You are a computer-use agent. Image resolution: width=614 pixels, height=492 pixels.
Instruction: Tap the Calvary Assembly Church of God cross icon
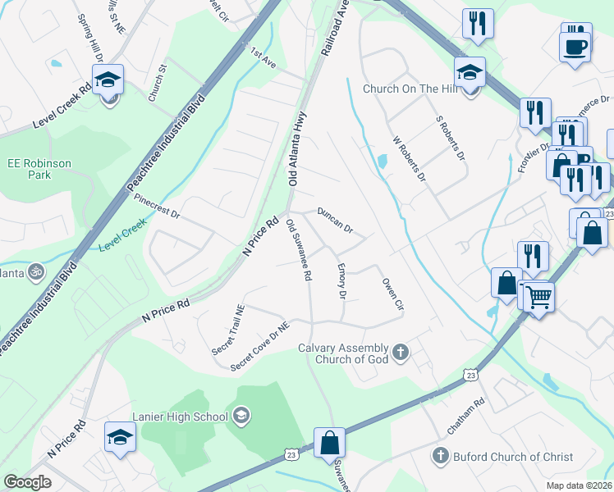pos(401,353)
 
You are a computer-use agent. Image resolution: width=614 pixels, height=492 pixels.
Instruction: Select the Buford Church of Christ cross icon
pos(440,455)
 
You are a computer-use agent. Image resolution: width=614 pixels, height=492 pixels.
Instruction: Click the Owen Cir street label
pos(393,294)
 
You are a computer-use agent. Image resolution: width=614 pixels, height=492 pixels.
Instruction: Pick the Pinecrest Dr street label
pos(156,204)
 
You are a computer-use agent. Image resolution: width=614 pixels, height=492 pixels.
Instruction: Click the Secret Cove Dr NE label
pos(261,345)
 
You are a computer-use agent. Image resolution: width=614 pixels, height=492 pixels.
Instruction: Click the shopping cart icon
pos(538,296)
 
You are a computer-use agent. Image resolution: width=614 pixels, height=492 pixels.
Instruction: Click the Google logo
pos(27,482)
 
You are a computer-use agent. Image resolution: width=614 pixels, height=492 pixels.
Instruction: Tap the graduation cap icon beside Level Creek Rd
pos(108,80)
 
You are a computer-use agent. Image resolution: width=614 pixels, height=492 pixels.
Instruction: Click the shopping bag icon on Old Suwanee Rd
pos(329,443)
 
